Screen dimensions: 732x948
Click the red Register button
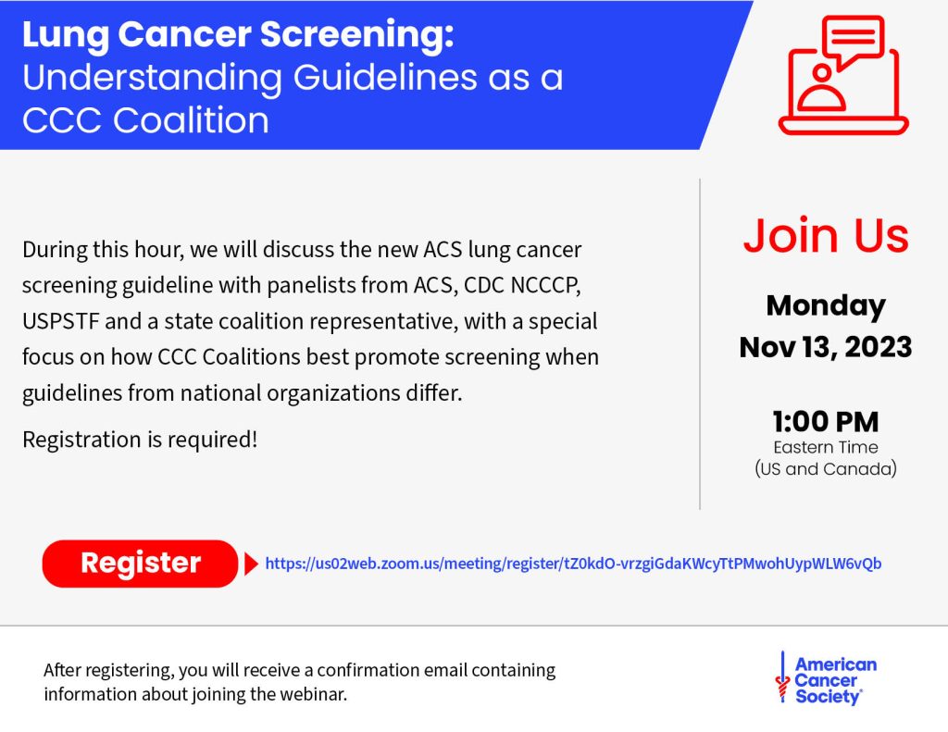tap(140, 564)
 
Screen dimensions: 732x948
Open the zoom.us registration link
tap(573, 563)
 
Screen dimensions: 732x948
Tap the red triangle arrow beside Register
tap(251, 564)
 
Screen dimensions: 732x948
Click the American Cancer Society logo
tap(826, 681)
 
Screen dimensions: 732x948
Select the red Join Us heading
tap(825, 235)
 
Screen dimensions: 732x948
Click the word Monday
tap(825, 305)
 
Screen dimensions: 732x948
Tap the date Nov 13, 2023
tap(825, 347)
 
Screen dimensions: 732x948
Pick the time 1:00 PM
tap(825, 422)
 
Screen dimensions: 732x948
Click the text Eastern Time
tap(825, 448)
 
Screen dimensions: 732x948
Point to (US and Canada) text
tap(825, 468)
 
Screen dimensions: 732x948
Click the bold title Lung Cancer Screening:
tap(238, 35)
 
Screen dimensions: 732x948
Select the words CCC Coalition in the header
tap(145, 119)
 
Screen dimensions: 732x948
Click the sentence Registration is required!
tap(140, 440)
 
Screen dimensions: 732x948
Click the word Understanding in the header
tap(152, 78)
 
